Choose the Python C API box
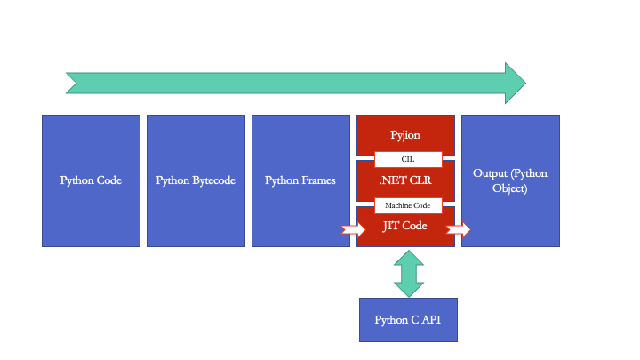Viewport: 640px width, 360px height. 407,320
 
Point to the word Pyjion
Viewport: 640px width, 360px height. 405,135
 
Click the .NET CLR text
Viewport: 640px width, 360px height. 405,180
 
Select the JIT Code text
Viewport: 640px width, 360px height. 405,227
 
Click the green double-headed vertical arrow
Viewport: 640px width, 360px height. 409,274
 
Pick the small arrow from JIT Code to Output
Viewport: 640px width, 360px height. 459,229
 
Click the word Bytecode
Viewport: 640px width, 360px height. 213,180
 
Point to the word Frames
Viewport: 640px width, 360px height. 318,180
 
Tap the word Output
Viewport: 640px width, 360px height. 492,173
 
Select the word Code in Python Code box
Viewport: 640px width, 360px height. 108,180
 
